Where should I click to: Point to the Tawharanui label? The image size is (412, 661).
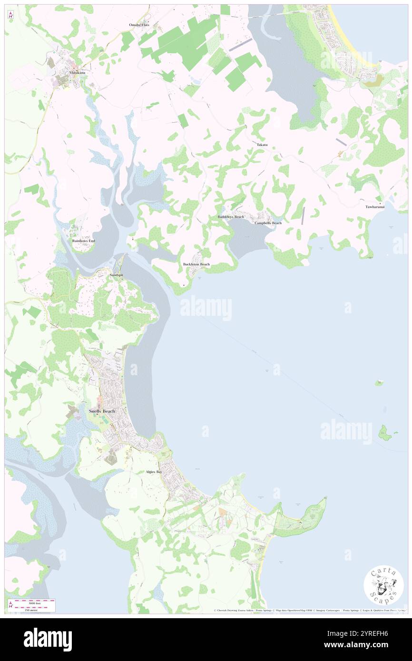375,207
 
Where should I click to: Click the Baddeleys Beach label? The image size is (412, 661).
231,217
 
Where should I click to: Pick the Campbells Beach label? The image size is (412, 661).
268,223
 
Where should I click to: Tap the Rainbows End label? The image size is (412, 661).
84,241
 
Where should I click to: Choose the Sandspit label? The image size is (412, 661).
117,275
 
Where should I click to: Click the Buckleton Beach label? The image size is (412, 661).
196,264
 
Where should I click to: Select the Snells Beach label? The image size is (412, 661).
102,411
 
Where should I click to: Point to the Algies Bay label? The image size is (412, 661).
154,472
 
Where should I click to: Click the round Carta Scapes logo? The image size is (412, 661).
383,585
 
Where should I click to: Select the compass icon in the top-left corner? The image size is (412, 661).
10,15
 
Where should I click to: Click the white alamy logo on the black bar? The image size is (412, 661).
48,639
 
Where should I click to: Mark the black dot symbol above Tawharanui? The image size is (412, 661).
380,203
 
